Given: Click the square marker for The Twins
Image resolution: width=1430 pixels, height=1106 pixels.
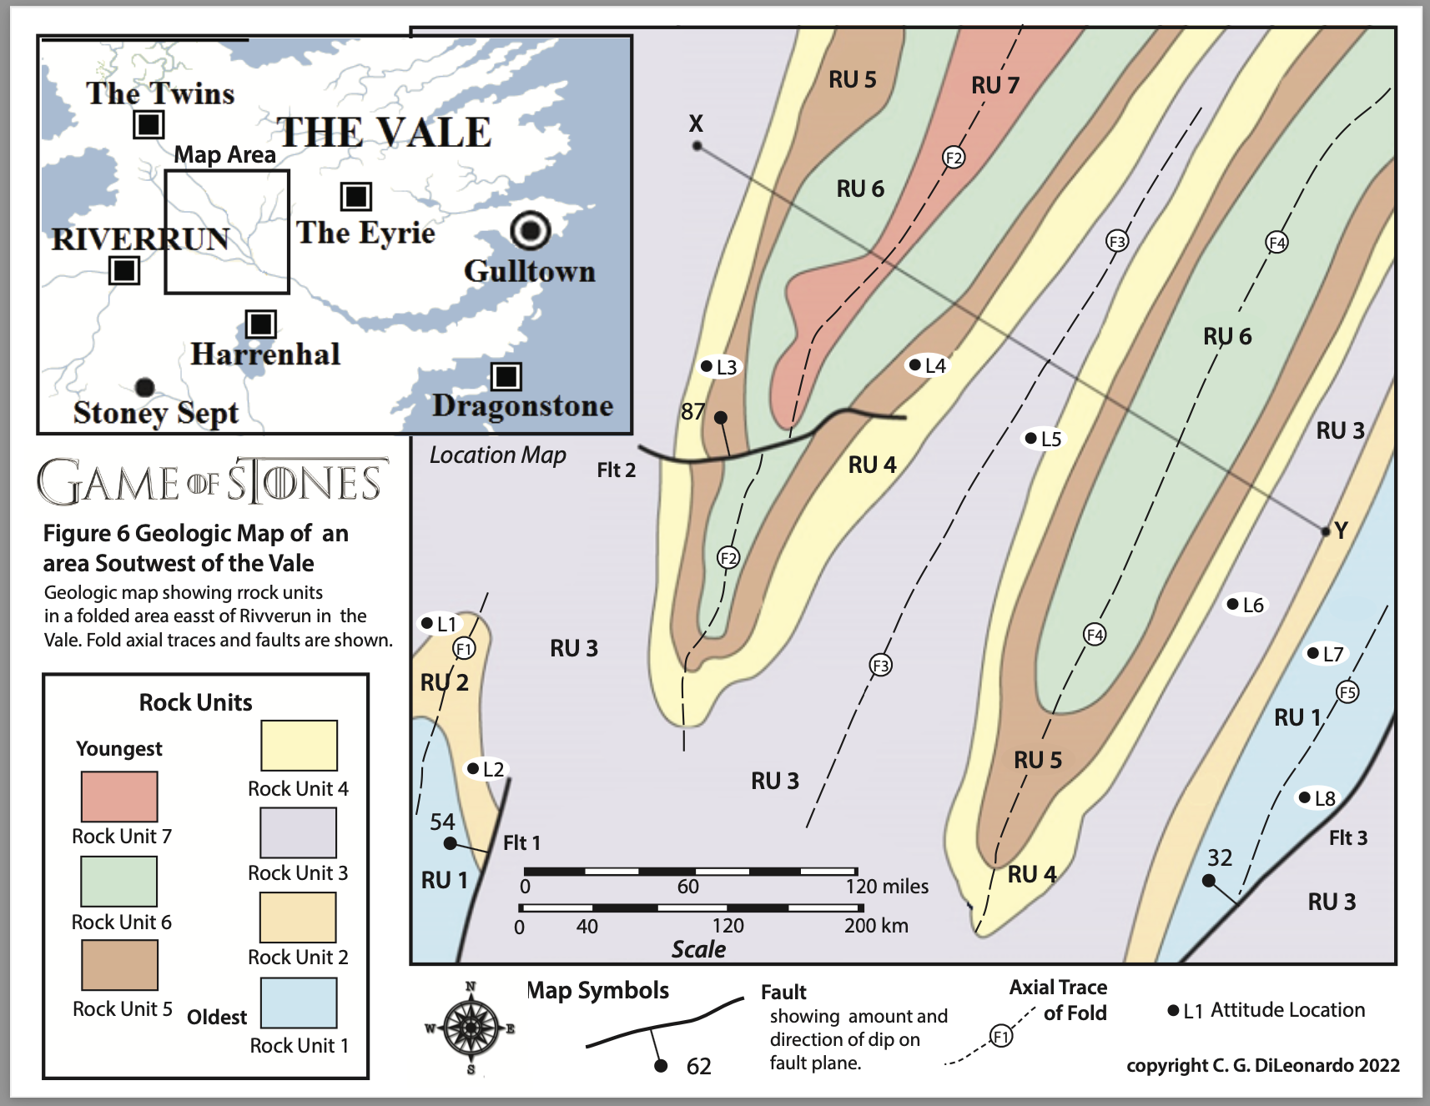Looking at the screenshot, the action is pos(149,124).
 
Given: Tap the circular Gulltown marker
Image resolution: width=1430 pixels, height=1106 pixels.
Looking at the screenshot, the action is pos(531,229).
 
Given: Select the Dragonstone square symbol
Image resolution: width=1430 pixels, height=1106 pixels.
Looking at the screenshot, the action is pos(506,376).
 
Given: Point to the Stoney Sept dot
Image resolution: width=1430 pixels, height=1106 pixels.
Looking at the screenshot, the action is pos(144,386).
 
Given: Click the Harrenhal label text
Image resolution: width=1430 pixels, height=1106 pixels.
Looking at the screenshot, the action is pos(265,354).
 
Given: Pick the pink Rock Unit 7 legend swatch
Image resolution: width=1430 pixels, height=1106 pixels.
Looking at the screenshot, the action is pos(119,797).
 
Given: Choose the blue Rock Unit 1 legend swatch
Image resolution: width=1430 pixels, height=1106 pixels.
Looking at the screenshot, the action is pos(299,1003).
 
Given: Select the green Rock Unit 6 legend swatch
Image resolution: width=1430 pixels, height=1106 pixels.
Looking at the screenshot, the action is pos(118,882).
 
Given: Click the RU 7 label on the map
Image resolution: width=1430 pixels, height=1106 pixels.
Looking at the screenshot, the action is pos(994,85).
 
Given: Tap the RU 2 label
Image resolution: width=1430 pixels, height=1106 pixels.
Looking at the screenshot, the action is pos(444,683).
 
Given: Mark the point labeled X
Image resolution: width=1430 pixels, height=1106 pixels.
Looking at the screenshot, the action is pos(697,146).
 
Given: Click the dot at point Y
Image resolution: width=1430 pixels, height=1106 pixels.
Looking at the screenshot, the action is pos(1326,531).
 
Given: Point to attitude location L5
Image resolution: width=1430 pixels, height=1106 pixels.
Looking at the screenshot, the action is pos(1031,438).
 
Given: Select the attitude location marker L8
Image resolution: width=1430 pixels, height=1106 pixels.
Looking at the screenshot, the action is pos(1304,797).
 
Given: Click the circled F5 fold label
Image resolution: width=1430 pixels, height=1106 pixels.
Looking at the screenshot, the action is pos(1347,691).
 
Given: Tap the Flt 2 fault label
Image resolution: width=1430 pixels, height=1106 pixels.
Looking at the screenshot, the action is pos(616,470).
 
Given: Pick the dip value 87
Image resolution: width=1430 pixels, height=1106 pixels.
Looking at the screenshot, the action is pos(692,411).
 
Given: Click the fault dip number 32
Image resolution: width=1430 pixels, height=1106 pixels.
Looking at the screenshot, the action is pos(1220,857).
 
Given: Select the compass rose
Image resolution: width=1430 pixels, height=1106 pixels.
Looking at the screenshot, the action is pos(471,1027).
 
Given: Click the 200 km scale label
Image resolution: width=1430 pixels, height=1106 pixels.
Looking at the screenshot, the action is pos(876,925).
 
